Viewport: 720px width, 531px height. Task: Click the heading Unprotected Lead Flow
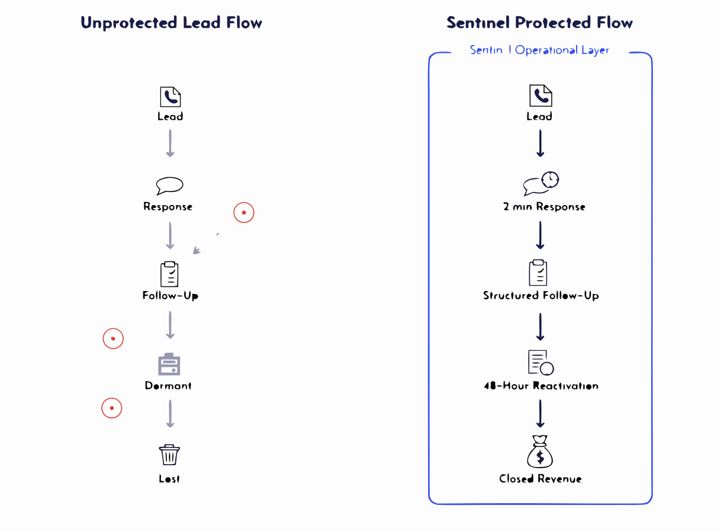(171, 23)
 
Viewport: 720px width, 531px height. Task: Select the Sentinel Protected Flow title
(539, 23)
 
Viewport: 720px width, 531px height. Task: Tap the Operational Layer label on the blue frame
(539, 50)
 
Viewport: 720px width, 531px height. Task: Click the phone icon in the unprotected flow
(170, 97)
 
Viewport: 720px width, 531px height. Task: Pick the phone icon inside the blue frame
(540, 95)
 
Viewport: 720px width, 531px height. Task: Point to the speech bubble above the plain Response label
(169, 185)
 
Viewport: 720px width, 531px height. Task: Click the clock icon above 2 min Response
(550, 179)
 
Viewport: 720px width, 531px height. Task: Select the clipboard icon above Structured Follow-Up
(538, 273)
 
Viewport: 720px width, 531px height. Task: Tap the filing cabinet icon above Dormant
(169, 364)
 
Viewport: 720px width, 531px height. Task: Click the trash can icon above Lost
(169, 455)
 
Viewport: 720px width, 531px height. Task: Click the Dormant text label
(168, 386)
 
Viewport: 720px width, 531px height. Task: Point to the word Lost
(169, 478)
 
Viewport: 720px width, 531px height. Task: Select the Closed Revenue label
(540, 478)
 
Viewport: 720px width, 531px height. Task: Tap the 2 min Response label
(544, 207)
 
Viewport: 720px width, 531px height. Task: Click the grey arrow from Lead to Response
(170, 143)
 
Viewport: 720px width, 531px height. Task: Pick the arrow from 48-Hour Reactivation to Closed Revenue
(540, 413)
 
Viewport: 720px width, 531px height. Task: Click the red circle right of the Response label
(243, 212)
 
